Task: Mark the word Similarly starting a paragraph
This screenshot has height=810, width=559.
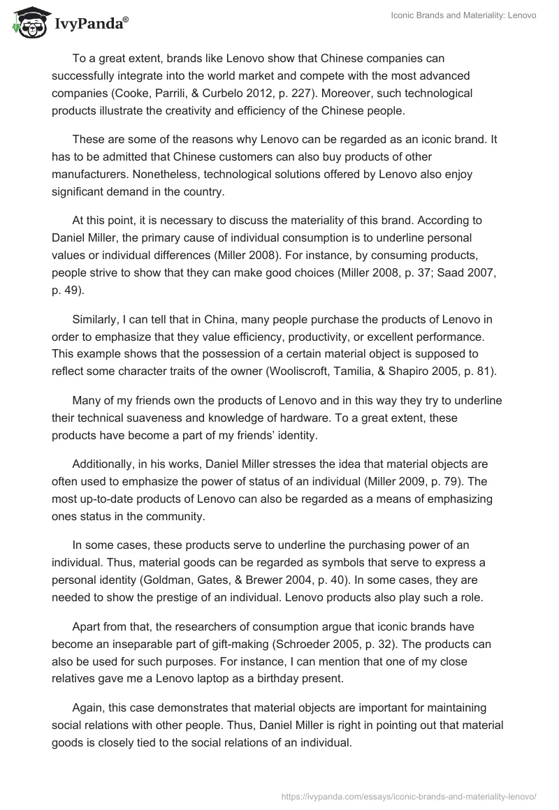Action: [x=97, y=321]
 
